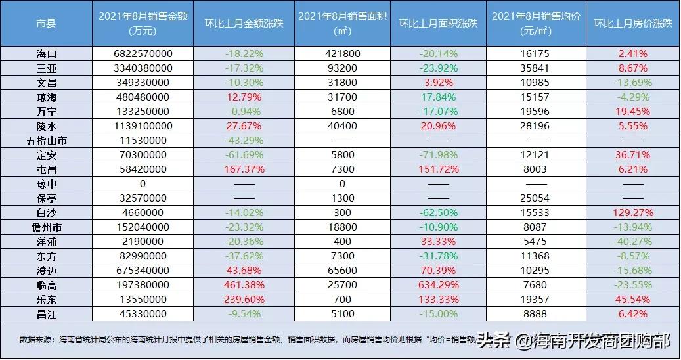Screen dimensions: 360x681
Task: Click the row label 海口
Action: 46,53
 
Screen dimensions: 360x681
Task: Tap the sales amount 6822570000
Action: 143,53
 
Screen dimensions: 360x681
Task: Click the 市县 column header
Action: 46,23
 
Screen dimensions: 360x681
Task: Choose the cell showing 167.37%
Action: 244,169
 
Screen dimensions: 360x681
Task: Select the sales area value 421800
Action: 341,53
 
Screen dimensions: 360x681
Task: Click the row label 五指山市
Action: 46,140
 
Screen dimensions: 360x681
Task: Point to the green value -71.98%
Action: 438,154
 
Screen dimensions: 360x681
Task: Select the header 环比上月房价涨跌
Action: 632,23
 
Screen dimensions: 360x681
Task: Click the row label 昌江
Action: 46,313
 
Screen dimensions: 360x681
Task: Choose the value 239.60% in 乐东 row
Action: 244,299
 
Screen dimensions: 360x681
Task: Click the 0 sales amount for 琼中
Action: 143,183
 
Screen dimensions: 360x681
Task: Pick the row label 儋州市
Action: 46,227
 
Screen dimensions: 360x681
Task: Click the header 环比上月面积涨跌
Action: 438,23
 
